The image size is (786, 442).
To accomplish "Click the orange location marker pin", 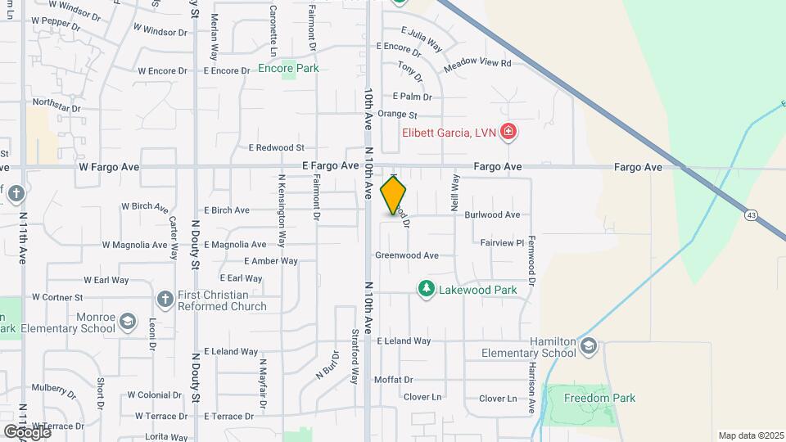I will coord(394,195).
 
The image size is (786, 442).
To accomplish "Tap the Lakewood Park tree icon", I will coord(426,289).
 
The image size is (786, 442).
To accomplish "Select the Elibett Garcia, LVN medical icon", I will coord(508,131).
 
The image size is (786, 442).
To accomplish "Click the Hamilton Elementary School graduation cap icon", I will coord(588,347).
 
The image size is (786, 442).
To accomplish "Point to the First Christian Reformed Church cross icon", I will coord(165,300).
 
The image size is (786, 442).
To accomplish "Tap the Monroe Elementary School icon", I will coord(127,322).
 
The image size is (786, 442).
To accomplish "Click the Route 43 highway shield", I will coord(751,214).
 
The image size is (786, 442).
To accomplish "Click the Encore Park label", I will coord(288,69).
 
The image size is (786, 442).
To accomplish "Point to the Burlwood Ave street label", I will coord(492,214).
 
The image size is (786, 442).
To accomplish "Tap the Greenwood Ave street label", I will coord(407,255).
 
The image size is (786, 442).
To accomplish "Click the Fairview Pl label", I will coord(501,243).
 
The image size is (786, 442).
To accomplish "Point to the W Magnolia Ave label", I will coord(135,245).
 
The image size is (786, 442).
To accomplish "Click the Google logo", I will coord(26,431).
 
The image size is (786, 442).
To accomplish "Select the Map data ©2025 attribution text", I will coord(751,435).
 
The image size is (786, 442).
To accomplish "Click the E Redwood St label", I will coord(276,148).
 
